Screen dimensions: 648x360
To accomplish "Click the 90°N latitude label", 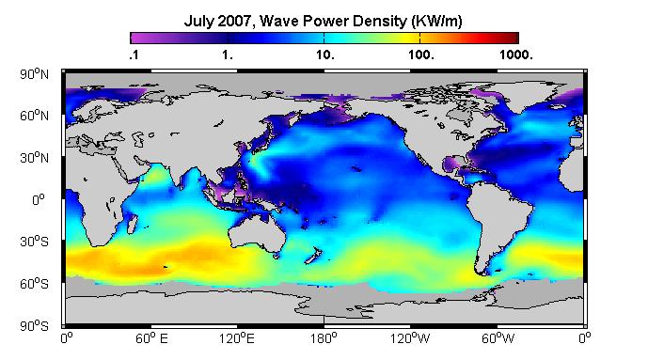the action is [x=34, y=74].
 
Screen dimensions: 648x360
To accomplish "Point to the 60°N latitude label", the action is [x=34, y=116].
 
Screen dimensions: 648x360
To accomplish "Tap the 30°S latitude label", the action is [x=34, y=242].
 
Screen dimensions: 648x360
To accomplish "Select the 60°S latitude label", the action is [x=34, y=284].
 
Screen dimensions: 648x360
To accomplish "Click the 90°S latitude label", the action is [x=34, y=326].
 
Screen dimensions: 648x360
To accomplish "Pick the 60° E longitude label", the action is [x=151, y=338].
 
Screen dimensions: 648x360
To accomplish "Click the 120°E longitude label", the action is [x=237, y=338].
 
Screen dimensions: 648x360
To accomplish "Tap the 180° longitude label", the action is [x=324, y=338].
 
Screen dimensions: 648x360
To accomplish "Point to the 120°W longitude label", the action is [x=410, y=338].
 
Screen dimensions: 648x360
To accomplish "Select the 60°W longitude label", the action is [x=498, y=338].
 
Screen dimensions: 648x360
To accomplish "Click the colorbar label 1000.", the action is [x=515, y=55].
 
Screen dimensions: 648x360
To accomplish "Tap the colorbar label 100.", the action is [x=421, y=55].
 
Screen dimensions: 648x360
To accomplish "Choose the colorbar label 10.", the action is [x=325, y=55].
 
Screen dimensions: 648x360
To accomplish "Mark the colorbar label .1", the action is [x=134, y=55].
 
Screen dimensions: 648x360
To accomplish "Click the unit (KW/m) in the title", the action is [x=436, y=21].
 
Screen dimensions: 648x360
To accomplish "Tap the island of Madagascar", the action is [x=132, y=224].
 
